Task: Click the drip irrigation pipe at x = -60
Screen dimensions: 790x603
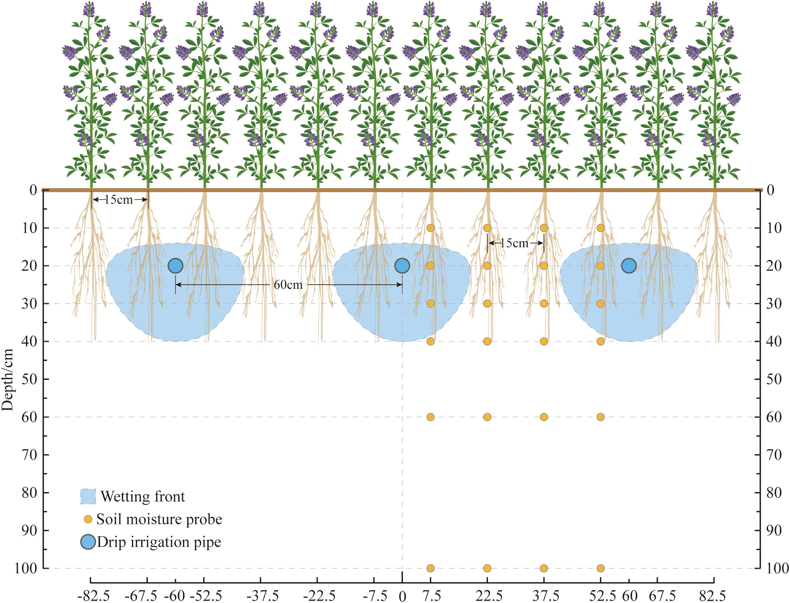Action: point(175,266)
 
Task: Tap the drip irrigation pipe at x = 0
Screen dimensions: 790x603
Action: point(402,266)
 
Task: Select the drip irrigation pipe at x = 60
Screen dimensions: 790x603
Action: point(629,266)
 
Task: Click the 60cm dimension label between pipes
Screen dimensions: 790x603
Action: point(288,285)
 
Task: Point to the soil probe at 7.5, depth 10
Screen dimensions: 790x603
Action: point(430,228)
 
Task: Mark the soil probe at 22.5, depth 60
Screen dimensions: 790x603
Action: point(487,417)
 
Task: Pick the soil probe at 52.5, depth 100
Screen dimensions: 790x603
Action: point(601,568)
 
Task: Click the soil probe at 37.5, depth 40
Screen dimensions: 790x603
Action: point(544,341)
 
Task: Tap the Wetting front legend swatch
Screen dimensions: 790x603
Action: point(88,497)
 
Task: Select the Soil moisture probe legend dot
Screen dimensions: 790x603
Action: point(88,519)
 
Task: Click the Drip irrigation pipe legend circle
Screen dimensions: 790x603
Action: point(88,542)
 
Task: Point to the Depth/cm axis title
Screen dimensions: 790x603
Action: point(7,380)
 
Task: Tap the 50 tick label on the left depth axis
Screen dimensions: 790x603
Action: point(30,379)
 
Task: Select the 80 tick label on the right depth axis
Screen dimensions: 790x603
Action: point(774,493)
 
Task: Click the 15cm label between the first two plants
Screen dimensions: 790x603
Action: point(119,200)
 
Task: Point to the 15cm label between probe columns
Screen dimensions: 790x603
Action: point(515,243)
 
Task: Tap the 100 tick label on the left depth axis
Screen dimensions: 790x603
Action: point(26,568)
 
